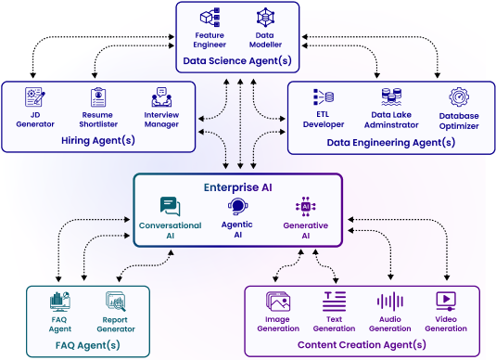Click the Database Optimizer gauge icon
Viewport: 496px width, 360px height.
(x=459, y=96)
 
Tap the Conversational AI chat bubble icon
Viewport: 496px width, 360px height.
(x=170, y=206)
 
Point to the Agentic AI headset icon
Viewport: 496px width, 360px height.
(x=237, y=207)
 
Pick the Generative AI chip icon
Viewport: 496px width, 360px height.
(x=305, y=206)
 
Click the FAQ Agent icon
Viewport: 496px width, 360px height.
(x=60, y=302)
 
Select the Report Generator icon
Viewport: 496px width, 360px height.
(x=116, y=302)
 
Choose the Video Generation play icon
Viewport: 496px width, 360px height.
(x=446, y=302)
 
